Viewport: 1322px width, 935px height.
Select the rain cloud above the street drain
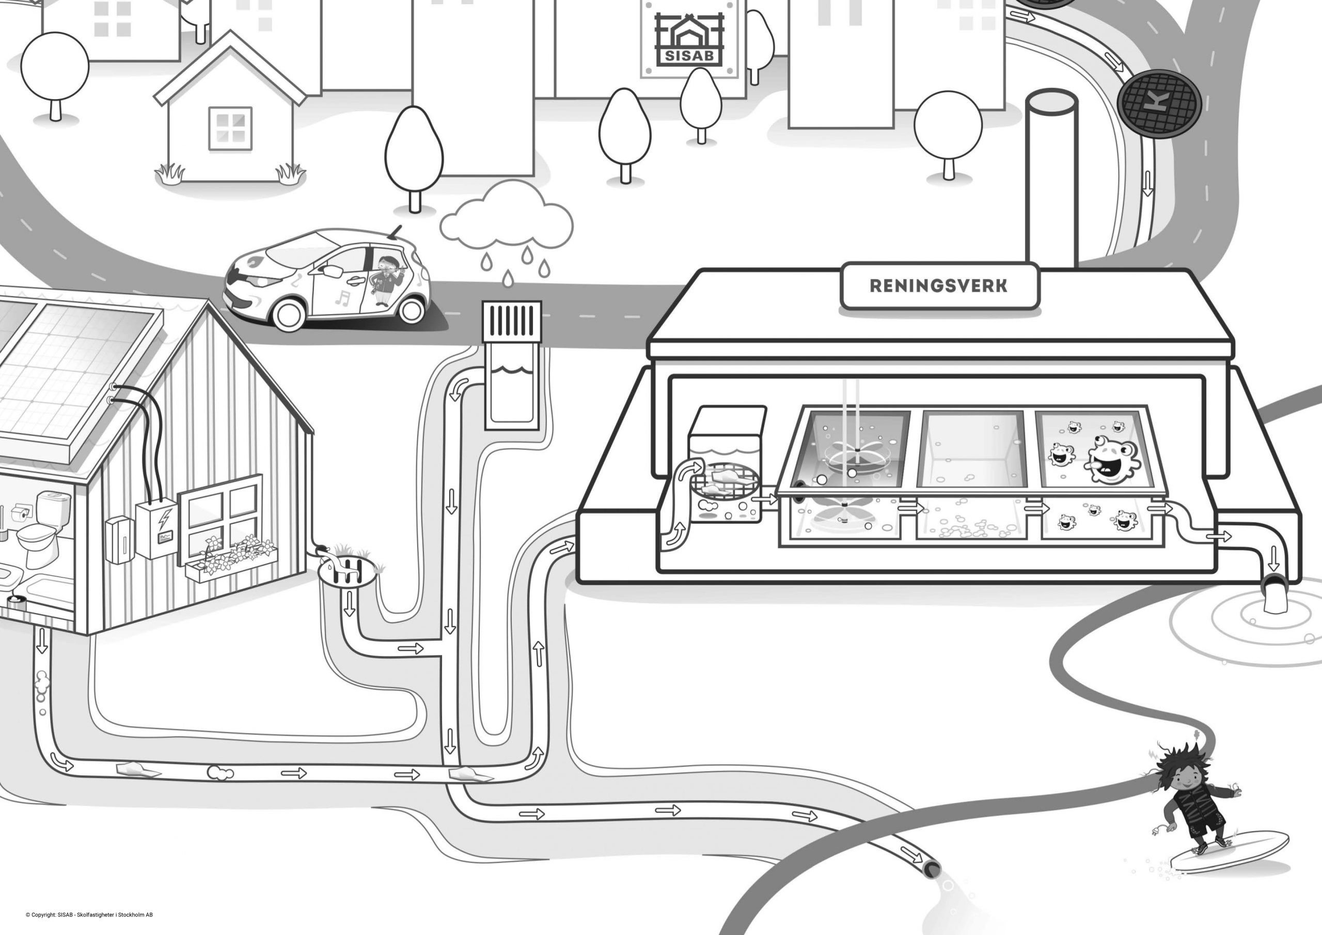[x=506, y=222]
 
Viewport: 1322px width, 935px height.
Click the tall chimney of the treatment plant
[x=1051, y=179]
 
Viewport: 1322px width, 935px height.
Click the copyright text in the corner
[x=89, y=915]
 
